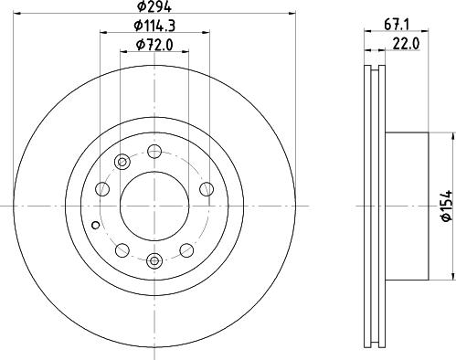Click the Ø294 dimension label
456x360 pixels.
pos(154,6)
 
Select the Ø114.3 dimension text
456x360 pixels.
pos(154,26)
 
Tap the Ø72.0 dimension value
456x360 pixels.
pos(154,46)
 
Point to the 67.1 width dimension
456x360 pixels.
pos(397,25)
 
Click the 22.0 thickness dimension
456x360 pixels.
pos(406,45)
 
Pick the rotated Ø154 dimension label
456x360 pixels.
pos(448,206)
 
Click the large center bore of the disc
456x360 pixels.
pos(154,206)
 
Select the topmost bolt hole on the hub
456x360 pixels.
pos(154,152)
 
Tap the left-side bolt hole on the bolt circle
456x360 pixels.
pos(102,189)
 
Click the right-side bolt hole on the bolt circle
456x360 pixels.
pos(207,189)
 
